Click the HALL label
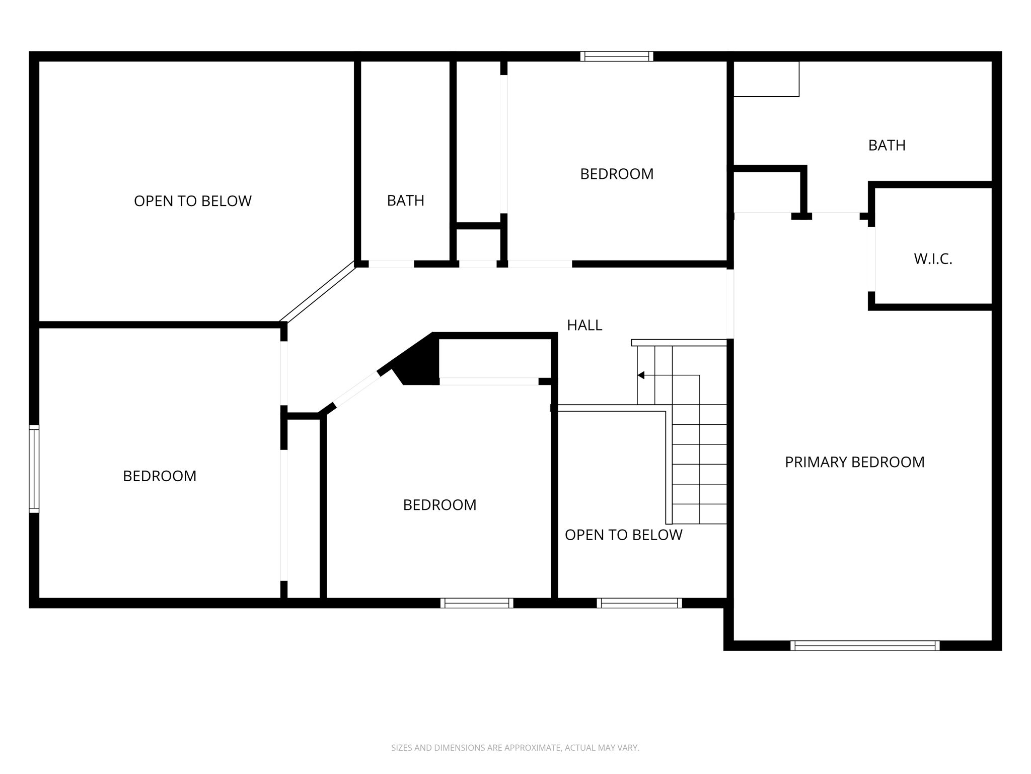[x=584, y=326]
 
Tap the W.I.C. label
[x=933, y=260]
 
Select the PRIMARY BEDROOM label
[x=854, y=462]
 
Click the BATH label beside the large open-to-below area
[x=405, y=201]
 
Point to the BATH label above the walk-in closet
[x=887, y=146]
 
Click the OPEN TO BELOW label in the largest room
[x=192, y=201]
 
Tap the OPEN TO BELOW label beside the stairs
[x=623, y=535]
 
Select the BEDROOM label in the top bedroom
[x=616, y=174]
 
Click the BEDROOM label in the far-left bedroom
[x=160, y=476]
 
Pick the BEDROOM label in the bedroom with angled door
[x=439, y=505]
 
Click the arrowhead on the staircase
[x=641, y=375]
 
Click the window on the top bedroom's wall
[x=617, y=56]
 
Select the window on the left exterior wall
[x=34, y=469]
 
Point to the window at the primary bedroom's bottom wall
[x=864, y=646]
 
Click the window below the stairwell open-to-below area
[x=639, y=603]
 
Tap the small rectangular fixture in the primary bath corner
[x=766, y=79]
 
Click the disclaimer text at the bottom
[x=515, y=748]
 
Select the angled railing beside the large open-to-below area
[x=318, y=292]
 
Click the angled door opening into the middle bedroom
[x=357, y=389]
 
